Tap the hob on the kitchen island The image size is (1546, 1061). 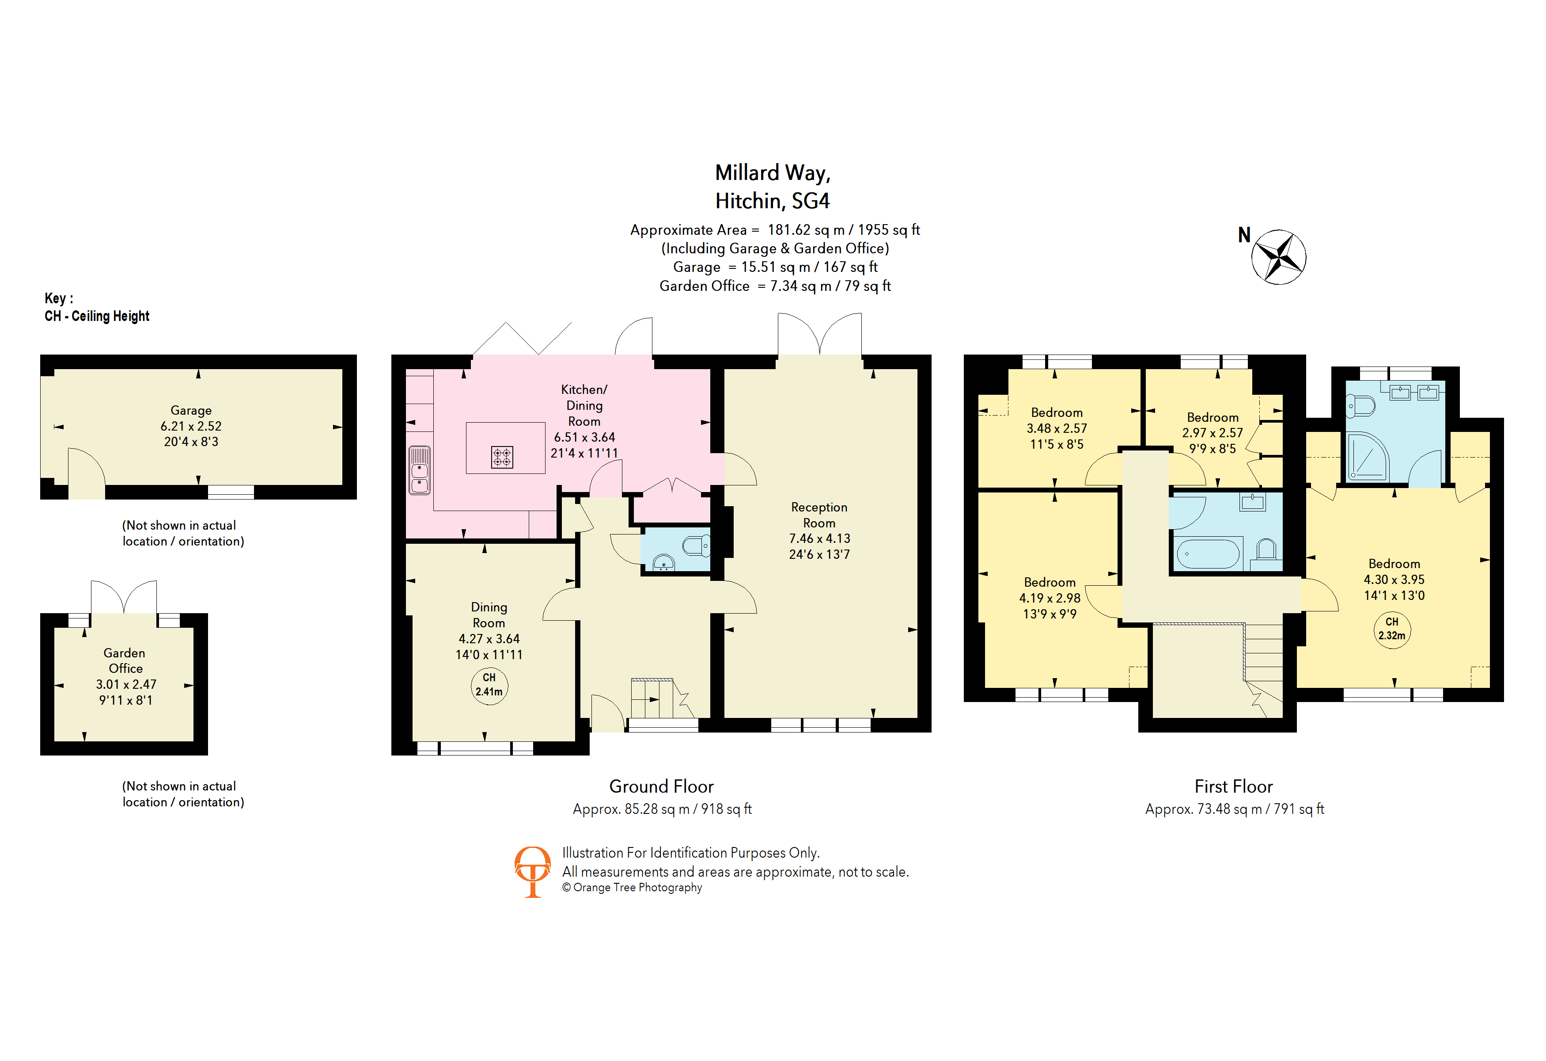click(x=502, y=457)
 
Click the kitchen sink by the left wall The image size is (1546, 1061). click(x=419, y=470)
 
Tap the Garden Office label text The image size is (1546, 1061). click(x=125, y=660)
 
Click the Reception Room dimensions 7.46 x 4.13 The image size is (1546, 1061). click(x=819, y=538)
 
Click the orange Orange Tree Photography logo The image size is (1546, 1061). click(x=532, y=870)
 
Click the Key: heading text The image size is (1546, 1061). click(x=59, y=298)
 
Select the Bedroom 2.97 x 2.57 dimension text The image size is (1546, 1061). click(x=1212, y=433)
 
